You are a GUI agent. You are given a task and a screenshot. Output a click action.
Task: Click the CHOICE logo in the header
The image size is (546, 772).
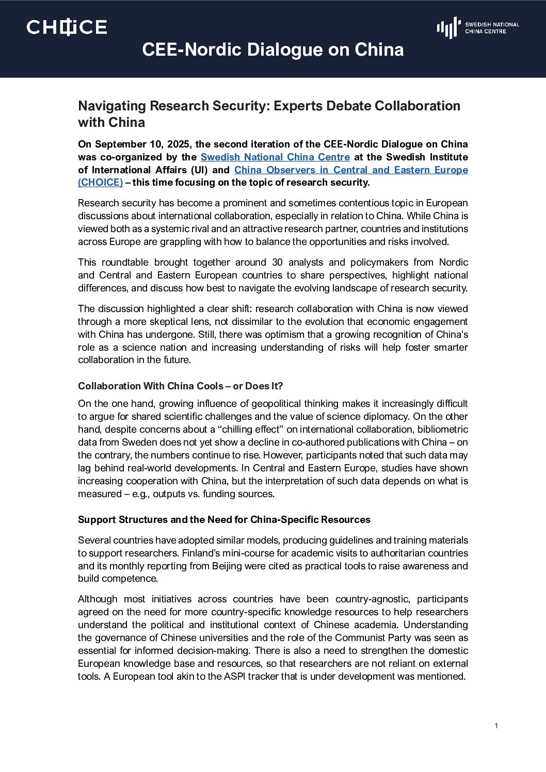tap(67, 27)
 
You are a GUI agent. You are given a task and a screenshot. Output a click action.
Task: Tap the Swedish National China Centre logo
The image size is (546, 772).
tap(477, 27)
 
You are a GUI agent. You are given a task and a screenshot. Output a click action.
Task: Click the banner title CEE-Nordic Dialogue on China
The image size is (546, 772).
tap(272, 50)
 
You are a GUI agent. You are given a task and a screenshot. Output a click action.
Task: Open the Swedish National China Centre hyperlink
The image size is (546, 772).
tap(275, 157)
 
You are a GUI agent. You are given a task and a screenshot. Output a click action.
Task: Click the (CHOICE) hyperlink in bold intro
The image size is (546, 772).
tap(100, 183)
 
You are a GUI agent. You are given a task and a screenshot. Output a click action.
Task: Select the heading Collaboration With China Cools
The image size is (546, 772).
tap(180, 386)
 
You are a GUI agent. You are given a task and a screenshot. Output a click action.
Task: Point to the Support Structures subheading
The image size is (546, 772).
tap(224, 519)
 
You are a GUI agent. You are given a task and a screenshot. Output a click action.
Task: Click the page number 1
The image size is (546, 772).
tap(496, 726)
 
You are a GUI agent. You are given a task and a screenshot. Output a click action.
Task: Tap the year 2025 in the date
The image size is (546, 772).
tap(178, 144)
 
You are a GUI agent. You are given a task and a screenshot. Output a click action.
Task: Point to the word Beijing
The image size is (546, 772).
tap(231, 566)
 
